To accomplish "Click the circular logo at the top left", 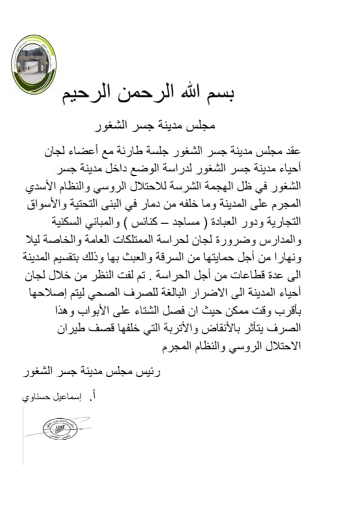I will click(x=34, y=64).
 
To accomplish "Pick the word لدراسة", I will click(x=195, y=169).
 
